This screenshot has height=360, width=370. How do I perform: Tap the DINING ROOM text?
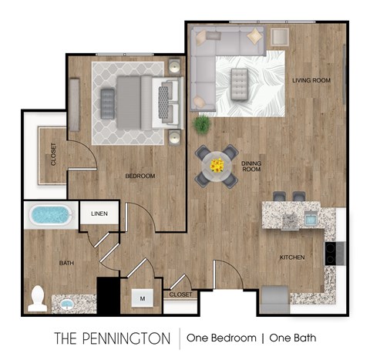[253, 167]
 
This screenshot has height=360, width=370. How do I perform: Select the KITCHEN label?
[292, 257]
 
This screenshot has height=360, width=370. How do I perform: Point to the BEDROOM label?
[140, 177]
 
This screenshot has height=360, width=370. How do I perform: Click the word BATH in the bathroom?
[67, 264]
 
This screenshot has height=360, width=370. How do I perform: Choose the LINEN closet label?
[99, 214]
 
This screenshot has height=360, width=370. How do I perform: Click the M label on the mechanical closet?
[143, 294]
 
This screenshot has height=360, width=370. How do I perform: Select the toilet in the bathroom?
[37, 299]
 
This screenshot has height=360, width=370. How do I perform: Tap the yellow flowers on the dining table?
[217, 164]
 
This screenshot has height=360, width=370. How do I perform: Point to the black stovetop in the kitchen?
[331, 254]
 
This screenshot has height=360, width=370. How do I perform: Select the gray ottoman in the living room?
[240, 79]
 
